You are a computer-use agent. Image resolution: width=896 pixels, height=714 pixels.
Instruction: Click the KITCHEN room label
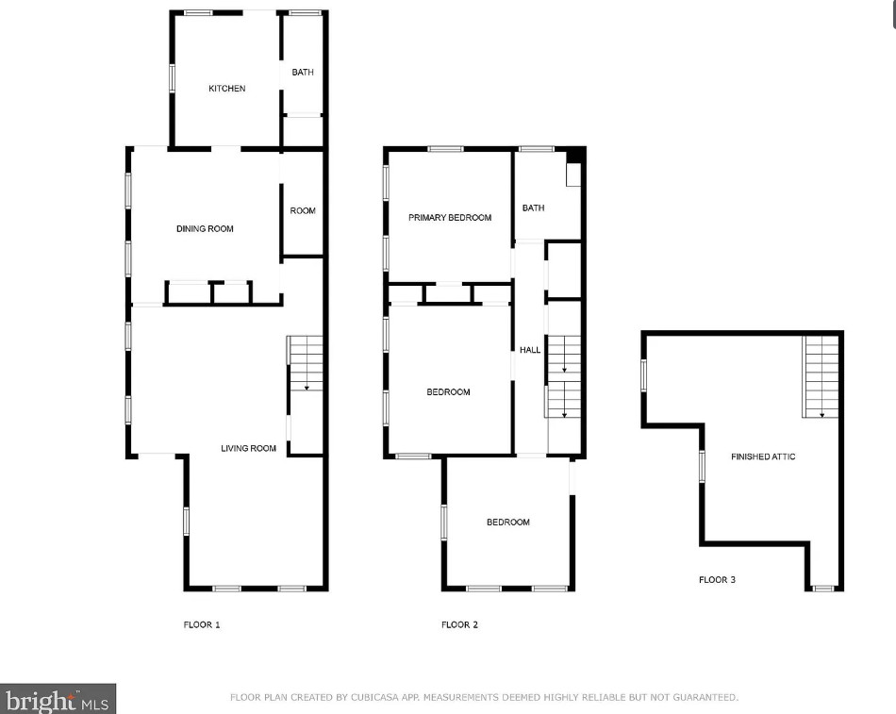pyautogui.click(x=227, y=89)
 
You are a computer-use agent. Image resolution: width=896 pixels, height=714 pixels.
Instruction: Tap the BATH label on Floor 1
pyautogui.click(x=303, y=72)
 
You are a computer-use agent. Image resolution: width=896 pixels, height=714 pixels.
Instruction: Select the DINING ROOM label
pyautogui.click(x=205, y=228)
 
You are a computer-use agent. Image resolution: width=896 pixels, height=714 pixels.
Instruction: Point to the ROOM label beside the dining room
pyautogui.click(x=303, y=211)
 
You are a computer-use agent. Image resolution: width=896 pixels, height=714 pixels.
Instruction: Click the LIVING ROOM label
pyautogui.click(x=248, y=448)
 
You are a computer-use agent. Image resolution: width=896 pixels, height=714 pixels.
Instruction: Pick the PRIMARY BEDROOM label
pyautogui.click(x=450, y=217)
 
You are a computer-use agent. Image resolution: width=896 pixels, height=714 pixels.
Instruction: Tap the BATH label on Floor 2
pyautogui.click(x=533, y=208)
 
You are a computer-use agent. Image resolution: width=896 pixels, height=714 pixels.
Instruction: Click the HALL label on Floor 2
pyautogui.click(x=530, y=350)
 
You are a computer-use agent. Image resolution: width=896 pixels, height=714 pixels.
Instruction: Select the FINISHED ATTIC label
pyautogui.click(x=763, y=457)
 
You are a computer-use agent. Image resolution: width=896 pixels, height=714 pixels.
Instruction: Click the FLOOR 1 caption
pyautogui.click(x=201, y=624)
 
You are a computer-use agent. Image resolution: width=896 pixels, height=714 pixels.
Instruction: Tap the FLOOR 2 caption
pyautogui.click(x=459, y=624)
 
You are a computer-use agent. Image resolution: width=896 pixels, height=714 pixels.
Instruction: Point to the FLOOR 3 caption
pyautogui.click(x=717, y=580)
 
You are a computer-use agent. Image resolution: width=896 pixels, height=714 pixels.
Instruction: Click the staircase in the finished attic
pyautogui.click(x=821, y=376)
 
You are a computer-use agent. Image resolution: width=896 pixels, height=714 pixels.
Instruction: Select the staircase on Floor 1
pyautogui.click(x=306, y=363)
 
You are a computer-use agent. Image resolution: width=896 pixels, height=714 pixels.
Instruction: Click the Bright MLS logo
pyautogui.click(x=58, y=699)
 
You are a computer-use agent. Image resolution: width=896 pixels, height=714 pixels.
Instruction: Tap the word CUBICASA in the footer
pyautogui.click(x=374, y=697)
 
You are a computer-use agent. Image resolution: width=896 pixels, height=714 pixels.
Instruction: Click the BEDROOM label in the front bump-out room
pyautogui.click(x=508, y=522)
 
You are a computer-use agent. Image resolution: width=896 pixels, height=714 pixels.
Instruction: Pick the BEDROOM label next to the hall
pyautogui.click(x=448, y=392)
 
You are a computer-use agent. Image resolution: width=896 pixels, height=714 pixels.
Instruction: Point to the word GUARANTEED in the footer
pyautogui.click(x=705, y=697)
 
